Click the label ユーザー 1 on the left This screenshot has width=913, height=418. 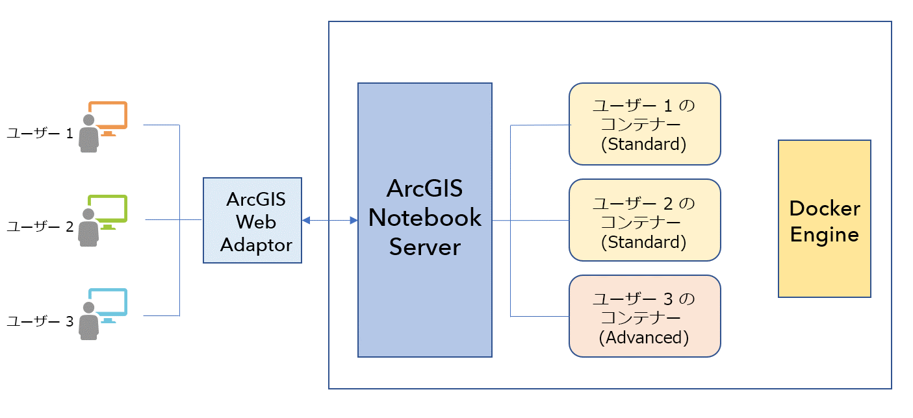click(x=40, y=134)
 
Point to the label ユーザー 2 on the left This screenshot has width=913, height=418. click(x=40, y=227)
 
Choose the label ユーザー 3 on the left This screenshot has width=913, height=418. click(x=40, y=321)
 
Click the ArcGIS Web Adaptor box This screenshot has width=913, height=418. click(x=252, y=220)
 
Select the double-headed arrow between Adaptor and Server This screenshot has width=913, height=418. click(x=330, y=221)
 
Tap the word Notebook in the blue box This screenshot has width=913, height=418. click(x=425, y=217)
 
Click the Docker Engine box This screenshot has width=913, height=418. click(x=824, y=219)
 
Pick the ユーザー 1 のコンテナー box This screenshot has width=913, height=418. click(x=645, y=124)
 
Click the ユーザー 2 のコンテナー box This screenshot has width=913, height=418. click(x=645, y=220)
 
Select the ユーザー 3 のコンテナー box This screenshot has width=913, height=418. click(x=645, y=316)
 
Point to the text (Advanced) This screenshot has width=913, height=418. click(x=644, y=338)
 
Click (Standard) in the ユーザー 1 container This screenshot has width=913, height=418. click(x=644, y=144)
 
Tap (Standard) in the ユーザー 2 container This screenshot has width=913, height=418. click(x=644, y=242)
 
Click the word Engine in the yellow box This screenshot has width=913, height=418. click(x=824, y=234)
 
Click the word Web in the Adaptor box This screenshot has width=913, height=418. click(x=255, y=222)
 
